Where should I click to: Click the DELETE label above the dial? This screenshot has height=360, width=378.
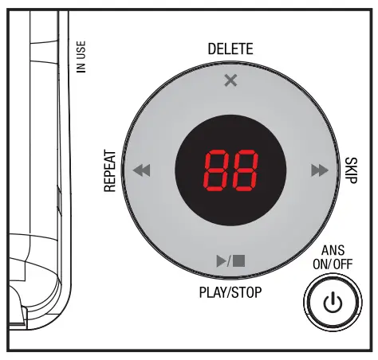[x=230, y=49]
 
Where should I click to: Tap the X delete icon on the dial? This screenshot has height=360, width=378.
[x=230, y=80]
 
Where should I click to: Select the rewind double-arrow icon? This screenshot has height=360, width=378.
[x=142, y=170]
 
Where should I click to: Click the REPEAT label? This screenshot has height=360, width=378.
[x=110, y=171]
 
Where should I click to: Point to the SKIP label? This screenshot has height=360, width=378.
[x=351, y=170]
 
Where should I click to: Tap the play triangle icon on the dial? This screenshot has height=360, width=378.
[x=222, y=260]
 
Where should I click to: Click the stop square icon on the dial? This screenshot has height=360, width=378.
[x=238, y=260]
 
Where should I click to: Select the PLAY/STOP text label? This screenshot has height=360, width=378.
[x=230, y=292]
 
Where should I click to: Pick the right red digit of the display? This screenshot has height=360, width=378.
[x=245, y=170]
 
